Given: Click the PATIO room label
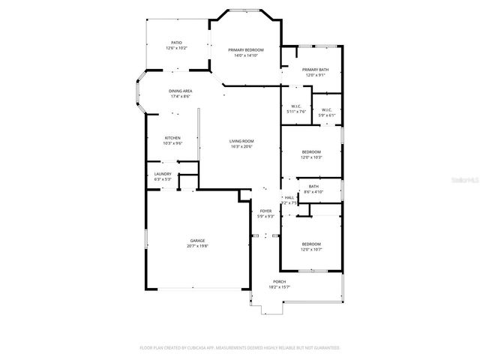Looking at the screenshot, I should coord(176,43).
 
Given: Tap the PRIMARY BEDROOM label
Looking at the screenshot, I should coord(246,50).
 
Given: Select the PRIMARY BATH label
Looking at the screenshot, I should coord(315,70).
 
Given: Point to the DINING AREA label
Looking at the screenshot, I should coord(180,91).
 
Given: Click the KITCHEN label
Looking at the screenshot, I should coord(173,138).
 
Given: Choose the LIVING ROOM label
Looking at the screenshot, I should coord(242,141).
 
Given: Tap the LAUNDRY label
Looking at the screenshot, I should coord(163,174).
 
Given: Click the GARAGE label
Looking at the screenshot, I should coord(198,241).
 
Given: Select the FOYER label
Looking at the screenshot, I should coord(265,211).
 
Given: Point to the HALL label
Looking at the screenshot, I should coord(289,198).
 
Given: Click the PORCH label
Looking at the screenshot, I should coord(280,282).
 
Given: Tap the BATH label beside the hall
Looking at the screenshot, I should coord(313,187).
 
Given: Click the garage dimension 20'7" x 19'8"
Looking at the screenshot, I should coord(198,246).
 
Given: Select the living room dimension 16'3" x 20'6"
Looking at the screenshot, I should coord(242,146).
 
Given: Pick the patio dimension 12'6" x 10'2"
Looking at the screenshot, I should coord(176,48).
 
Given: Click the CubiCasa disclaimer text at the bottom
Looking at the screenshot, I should coord(240,348).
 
